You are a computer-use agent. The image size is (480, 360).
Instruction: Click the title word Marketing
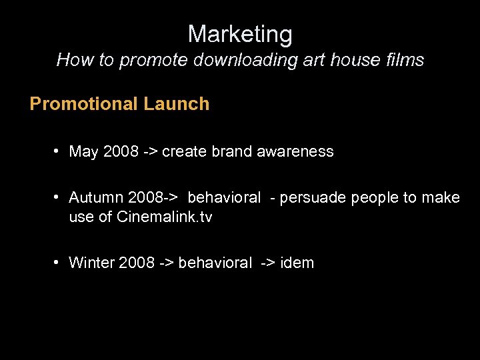[240, 34]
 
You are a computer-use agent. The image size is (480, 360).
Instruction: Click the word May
[84, 152]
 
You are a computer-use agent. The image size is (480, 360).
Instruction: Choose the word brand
[229, 152]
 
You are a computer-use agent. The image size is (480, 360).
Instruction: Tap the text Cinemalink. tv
[165, 217]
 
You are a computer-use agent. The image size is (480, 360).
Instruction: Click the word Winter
[91, 263]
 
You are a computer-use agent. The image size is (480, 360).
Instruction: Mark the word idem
[297, 263]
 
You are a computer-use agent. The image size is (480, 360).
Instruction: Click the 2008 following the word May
[121, 152]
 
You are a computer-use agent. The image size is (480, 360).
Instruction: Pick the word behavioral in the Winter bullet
[215, 263]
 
